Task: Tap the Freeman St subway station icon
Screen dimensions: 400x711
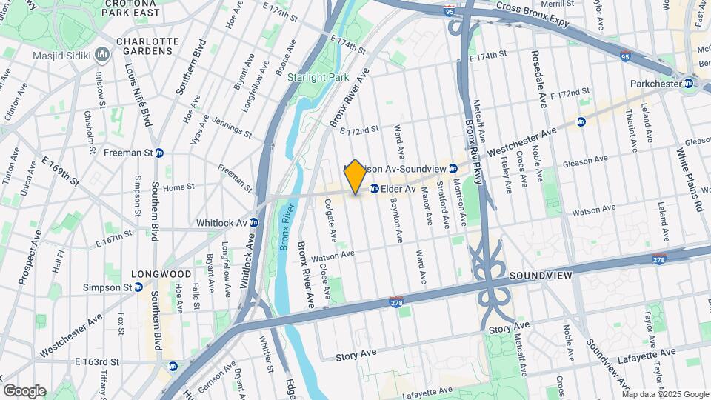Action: [x=159, y=153]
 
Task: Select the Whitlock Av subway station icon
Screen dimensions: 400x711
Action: [x=254, y=222]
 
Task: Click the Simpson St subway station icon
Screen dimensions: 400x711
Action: [x=138, y=287]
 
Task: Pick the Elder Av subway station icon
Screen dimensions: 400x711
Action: [x=375, y=188]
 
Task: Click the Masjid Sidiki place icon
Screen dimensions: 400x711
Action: [x=102, y=55]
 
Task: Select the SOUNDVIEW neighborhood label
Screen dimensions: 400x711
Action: [x=540, y=275]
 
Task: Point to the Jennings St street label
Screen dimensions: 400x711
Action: [x=231, y=127]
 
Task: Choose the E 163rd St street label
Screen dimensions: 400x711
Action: [x=96, y=361]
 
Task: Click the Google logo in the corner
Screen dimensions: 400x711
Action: [x=24, y=390]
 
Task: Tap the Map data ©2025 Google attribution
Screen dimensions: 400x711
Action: [x=664, y=393]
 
